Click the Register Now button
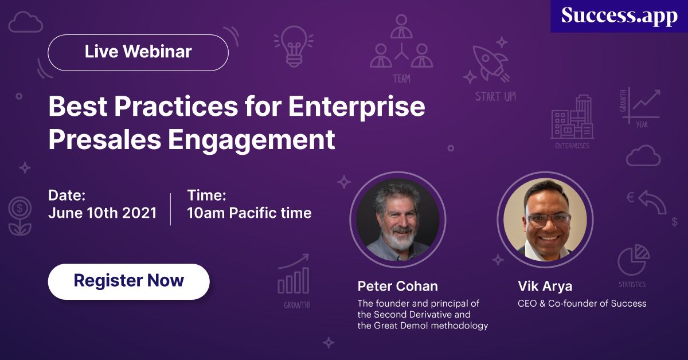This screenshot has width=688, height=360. [128, 281]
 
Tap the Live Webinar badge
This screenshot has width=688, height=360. [138, 52]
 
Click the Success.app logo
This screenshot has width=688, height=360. [619, 15]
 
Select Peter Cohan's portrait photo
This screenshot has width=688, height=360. [398, 220]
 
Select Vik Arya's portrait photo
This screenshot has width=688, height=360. [545, 220]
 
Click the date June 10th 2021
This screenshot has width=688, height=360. [102, 213]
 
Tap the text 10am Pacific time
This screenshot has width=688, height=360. [249, 213]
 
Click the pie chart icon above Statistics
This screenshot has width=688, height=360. [633, 260]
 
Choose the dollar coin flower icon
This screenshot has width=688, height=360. [20, 215]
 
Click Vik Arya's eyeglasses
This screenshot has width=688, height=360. [545, 218]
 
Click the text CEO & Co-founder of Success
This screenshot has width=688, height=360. [582, 303]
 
